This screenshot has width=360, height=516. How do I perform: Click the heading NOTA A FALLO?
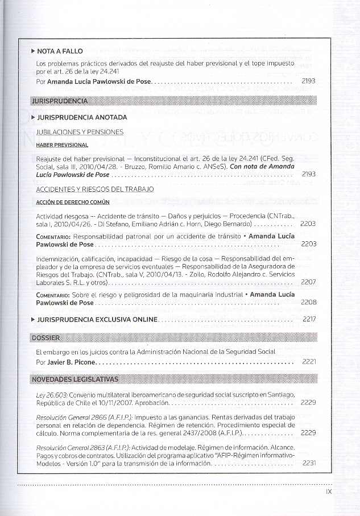click(60, 51)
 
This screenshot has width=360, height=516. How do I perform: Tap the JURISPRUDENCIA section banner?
click(60, 101)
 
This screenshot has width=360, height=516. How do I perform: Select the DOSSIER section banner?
click(45, 337)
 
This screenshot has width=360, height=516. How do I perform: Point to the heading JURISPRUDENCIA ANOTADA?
click(82, 117)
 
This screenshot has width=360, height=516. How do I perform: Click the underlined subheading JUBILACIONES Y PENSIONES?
click(80, 132)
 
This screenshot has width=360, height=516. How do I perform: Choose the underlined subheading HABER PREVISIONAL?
click(62, 145)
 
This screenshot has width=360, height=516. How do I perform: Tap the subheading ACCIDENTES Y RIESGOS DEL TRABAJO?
click(95, 189)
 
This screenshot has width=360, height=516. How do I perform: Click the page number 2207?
click(308, 282)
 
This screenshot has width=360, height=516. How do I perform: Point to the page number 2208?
click(308, 302)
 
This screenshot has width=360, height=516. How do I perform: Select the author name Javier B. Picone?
click(71, 362)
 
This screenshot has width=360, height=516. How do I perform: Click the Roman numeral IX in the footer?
click(329, 493)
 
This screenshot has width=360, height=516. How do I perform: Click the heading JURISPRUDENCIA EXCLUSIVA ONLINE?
click(97, 320)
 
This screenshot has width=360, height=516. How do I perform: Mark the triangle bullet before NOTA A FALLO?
click(33, 51)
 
